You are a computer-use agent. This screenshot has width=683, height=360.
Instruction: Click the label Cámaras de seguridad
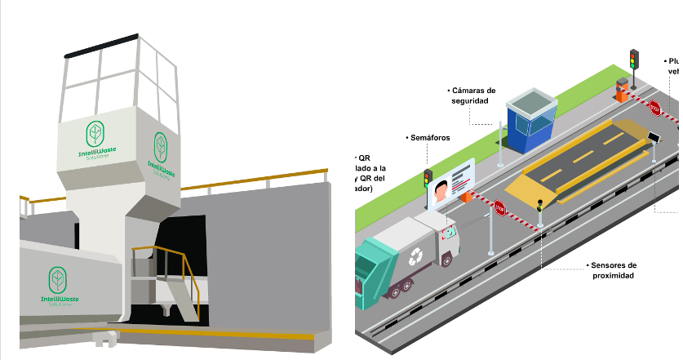coord(470,96)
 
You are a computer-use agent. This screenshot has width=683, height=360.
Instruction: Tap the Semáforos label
coord(428,139)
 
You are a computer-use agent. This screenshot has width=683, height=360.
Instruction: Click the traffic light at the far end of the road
coord(634,59)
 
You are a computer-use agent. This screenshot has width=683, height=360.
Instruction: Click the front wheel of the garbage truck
coord(446,260)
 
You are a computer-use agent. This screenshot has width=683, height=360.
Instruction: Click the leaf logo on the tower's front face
coord(95,134)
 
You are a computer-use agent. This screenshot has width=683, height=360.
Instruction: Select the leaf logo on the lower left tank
coord(58,280)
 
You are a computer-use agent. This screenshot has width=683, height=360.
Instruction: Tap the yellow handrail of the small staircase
coord(163,248)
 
